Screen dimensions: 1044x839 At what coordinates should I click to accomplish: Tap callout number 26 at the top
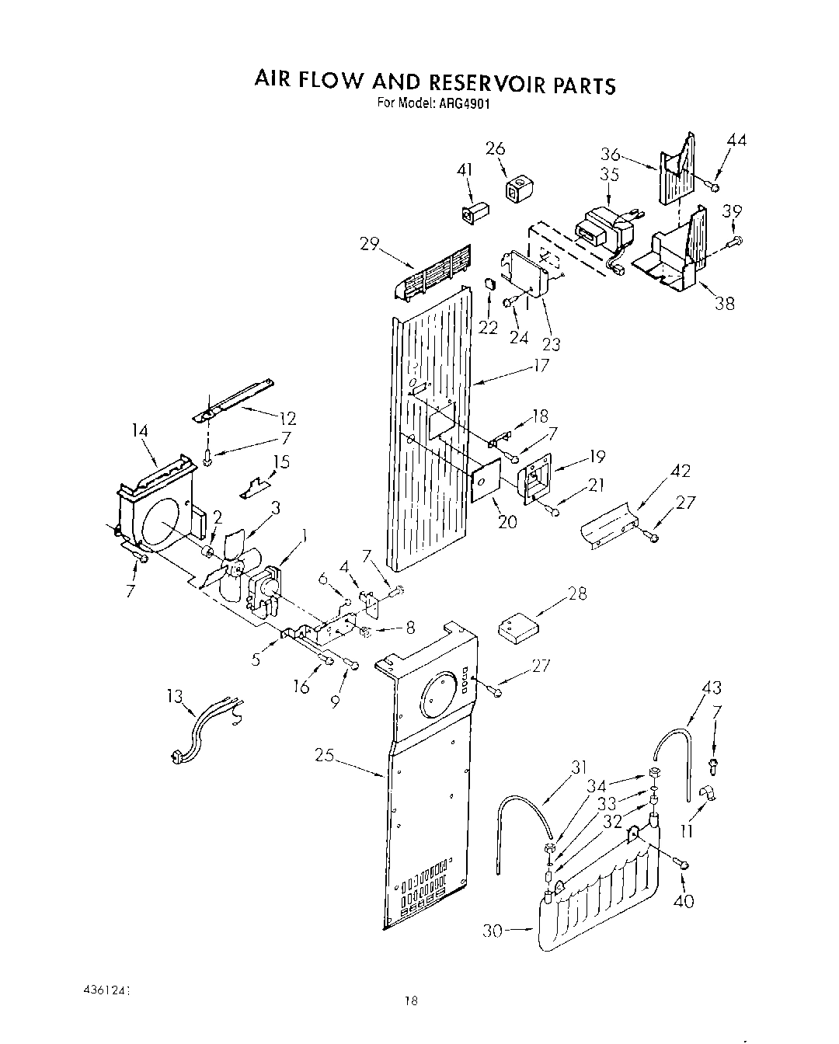[x=495, y=148]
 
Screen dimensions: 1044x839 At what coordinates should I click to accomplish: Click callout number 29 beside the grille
[x=369, y=244]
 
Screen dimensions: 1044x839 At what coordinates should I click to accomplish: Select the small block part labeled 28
[x=519, y=626]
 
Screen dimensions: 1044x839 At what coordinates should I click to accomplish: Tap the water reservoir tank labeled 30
[x=598, y=893]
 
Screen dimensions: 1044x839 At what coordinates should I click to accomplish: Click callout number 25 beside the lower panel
[x=326, y=753]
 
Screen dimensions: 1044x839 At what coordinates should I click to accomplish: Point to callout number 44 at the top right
[x=736, y=141]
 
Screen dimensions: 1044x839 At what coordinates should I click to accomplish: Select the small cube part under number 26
[x=517, y=188]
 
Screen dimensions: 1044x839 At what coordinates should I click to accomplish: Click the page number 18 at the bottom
[x=411, y=1001]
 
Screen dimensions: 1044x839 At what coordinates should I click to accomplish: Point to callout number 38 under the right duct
[x=724, y=304]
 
